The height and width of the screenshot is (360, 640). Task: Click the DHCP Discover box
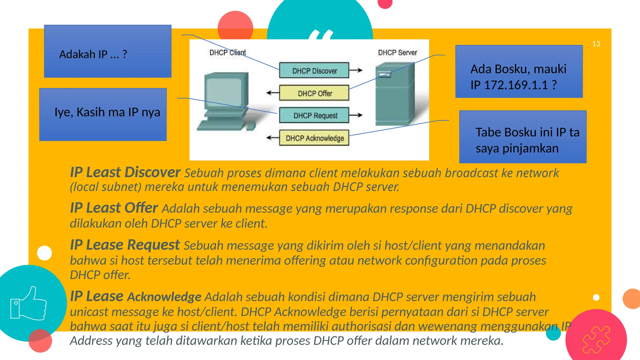314,71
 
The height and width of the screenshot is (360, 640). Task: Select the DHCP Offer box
314,93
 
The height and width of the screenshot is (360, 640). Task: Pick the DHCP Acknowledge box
314,138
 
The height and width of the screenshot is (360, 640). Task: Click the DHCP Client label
227,52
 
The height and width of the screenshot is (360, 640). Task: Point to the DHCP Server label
397,52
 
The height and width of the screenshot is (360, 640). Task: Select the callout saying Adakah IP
107,51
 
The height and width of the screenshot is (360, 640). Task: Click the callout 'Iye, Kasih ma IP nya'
103,114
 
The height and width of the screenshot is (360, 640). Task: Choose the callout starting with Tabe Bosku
522,137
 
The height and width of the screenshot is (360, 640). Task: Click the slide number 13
596,44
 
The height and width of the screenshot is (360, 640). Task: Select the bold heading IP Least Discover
125,172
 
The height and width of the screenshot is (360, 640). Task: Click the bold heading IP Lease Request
125,245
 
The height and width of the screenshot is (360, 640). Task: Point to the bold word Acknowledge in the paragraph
164,297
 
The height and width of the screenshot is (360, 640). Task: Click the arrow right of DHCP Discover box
356,70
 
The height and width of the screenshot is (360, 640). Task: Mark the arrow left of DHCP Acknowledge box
272,137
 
